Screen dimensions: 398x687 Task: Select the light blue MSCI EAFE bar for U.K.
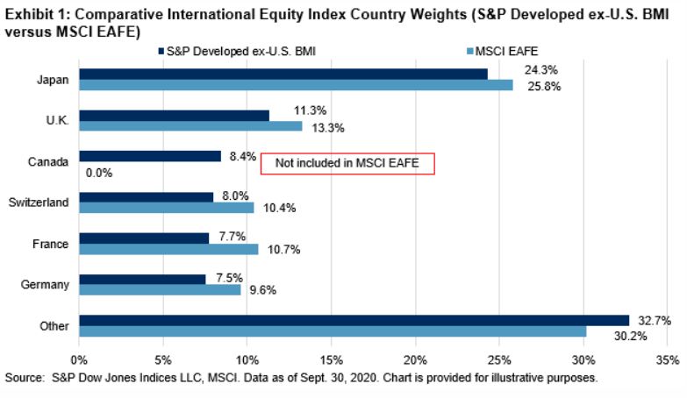point(190,126)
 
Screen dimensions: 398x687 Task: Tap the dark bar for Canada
point(150,156)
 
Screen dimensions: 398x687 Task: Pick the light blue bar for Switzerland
point(167,208)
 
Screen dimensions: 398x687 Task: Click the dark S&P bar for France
point(144,238)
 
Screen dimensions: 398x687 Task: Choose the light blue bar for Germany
point(160,289)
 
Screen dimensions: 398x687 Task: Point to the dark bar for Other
point(354,320)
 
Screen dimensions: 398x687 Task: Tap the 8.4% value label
point(241,157)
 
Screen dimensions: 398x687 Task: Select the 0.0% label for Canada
point(98,174)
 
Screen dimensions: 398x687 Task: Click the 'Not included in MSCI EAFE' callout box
point(348,163)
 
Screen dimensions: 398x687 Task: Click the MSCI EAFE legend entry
point(512,50)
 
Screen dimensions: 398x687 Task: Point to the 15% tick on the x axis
point(332,359)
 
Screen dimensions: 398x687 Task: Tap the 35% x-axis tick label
point(667,359)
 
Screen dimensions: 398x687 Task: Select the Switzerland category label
point(39,203)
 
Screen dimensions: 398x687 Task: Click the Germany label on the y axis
point(48,284)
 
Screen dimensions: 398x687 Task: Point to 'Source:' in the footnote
point(25,378)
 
